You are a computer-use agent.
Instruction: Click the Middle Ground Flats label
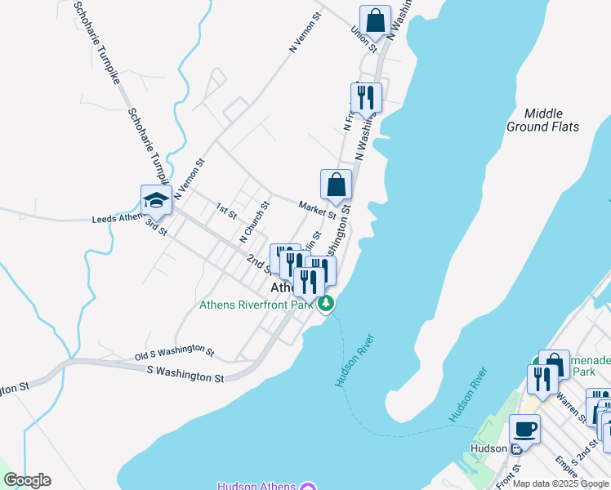click(x=542, y=120)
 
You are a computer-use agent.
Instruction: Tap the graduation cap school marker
click(x=155, y=199)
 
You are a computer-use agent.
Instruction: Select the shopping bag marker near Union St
click(x=375, y=20)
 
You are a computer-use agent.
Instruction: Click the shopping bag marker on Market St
click(x=336, y=185)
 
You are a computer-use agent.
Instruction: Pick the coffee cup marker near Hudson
click(x=524, y=429)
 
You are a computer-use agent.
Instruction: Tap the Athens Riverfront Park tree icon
click(x=326, y=305)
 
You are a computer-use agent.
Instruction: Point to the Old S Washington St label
click(x=174, y=353)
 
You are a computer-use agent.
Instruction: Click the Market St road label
click(x=317, y=210)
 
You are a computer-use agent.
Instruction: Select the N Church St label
click(x=254, y=222)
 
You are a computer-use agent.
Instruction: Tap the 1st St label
click(x=226, y=211)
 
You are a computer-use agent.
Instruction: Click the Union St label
click(x=363, y=40)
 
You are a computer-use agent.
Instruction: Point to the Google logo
click(x=27, y=480)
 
